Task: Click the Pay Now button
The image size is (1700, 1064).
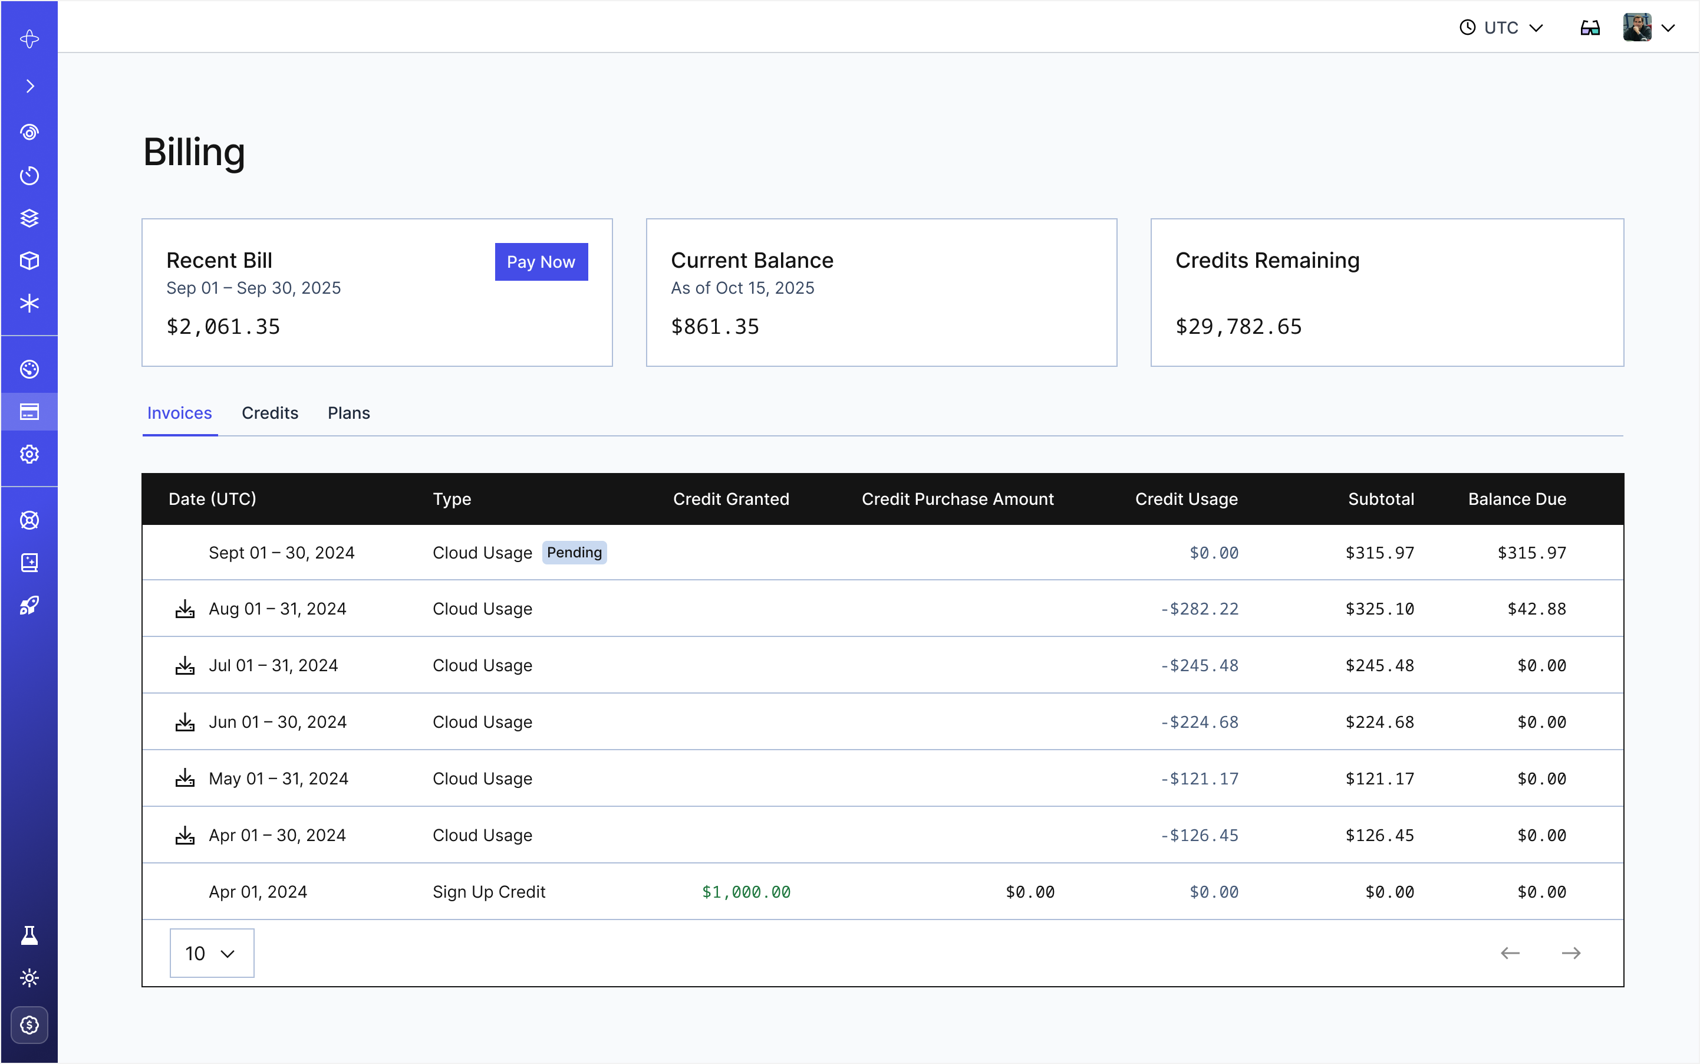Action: (x=541, y=262)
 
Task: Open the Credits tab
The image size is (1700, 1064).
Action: (x=269, y=413)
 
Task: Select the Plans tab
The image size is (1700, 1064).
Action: (x=348, y=413)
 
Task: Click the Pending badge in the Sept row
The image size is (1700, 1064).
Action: (x=574, y=553)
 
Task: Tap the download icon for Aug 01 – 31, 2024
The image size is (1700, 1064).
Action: (x=185, y=609)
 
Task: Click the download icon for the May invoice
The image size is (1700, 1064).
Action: (x=185, y=779)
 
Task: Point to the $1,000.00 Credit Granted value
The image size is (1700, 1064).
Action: (x=746, y=892)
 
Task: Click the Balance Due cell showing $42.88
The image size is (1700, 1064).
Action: (x=1536, y=609)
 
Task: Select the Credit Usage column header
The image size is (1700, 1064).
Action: (x=1186, y=499)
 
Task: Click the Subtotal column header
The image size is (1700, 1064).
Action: (x=1380, y=499)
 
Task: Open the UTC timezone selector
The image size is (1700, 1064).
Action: (x=1501, y=28)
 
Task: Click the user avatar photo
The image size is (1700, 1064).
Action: (x=1637, y=28)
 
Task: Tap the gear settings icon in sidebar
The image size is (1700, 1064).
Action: (x=29, y=454)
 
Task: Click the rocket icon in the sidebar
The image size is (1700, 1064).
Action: (x=29, y=605)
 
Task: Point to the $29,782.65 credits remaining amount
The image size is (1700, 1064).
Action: (x=1238, y=327)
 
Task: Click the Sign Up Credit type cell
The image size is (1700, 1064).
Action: (x=489, y=892)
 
